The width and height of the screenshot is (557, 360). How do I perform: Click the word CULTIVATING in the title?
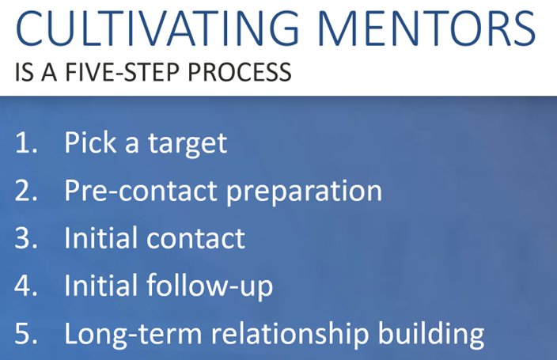[x=157, y=28]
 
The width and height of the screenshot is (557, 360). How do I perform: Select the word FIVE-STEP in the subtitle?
[x=122, y=72]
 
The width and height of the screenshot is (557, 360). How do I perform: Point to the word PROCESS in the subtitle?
[x=240, y=72]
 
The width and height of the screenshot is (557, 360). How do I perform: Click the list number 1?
[x=26, y=142]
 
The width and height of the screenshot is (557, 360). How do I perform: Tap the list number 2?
[x=26, y=191]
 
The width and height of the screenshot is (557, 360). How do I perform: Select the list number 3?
[x=26, y=237]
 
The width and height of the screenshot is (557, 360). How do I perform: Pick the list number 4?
[x=26, y=286]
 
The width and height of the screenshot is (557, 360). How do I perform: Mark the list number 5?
[x=26, y=333]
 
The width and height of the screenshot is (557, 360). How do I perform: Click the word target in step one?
[x=188, y=144]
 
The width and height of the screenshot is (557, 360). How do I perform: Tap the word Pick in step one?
[x=90, y=142]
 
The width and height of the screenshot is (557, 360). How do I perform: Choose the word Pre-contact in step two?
[x=141, y=191]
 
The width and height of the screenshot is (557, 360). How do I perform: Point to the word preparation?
[x=304, y=192]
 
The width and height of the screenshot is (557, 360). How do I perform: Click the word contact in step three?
[x=195, y=238]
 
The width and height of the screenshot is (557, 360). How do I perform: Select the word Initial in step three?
[x=101, y=237]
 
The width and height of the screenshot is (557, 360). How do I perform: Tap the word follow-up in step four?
[x=210, y=286]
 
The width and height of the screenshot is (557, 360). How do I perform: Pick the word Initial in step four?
[x=101, y=285]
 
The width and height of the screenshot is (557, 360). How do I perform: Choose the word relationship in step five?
[x=290, y=334]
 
